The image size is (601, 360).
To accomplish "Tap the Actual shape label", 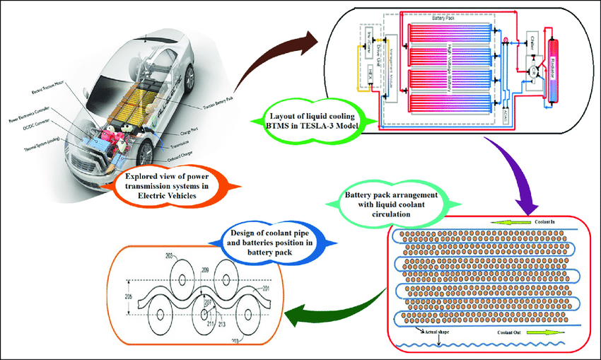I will click(438, 330).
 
